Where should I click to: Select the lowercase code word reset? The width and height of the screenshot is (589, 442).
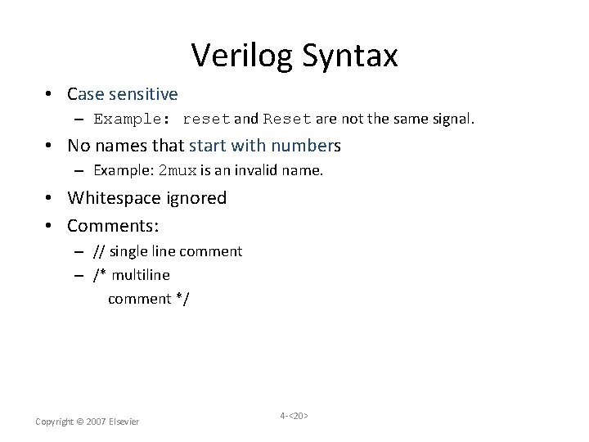point(206,120)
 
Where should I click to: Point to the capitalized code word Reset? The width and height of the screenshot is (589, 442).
point(287,120)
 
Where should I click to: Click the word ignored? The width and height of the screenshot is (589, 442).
point(198,198)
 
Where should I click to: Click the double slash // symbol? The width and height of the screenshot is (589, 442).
point(99,251)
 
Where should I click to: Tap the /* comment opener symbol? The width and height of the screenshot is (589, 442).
point(100,275)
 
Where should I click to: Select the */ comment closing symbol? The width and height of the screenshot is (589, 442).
point(182,299)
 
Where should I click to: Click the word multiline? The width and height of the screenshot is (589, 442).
point(141,275)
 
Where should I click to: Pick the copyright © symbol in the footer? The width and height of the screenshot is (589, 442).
point(79,422)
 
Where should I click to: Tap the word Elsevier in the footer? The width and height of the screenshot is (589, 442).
point(124,422)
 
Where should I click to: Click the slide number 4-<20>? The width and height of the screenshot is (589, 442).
point(294,416)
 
